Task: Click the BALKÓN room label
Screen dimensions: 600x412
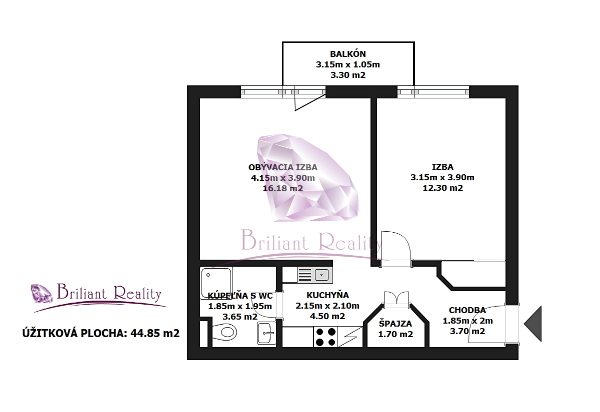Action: [347, 54]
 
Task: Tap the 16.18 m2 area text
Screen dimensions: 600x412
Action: [282, 188]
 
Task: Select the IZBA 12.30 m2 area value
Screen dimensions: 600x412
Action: [442, 188]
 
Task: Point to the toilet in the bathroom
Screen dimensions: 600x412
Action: [224, 332]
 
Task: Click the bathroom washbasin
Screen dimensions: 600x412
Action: [266, 333]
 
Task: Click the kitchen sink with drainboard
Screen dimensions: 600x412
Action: [315, 275]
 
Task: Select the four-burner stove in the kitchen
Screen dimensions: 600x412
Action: [325, 337]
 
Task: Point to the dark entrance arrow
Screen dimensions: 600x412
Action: [533, 324]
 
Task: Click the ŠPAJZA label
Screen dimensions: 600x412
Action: [395, 324]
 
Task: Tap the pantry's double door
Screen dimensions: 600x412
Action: [396, 298]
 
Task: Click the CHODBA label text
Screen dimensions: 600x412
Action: [467, 310]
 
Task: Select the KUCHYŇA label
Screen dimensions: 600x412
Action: [327, 295]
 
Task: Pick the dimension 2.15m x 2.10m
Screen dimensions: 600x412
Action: [327, 306]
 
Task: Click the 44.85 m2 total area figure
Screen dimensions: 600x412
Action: [155, 334]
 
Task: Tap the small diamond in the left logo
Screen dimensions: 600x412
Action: [41, 293]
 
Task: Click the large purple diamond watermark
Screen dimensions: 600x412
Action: [307, 178]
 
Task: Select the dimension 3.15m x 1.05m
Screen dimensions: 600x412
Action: [347, 64]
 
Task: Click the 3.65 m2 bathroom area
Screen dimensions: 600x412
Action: [239, 317]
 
